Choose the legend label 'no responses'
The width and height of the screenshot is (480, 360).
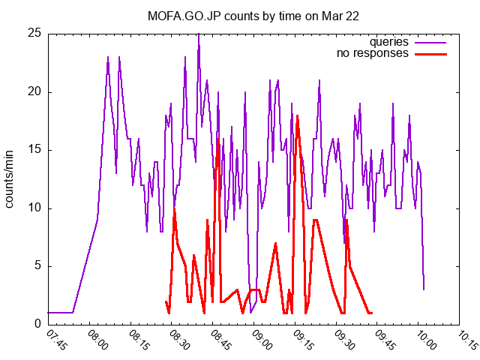click(x=373, y=53)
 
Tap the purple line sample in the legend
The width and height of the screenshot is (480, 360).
click(x=430, y=42)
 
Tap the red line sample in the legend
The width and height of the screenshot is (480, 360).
click(x=430, y=53)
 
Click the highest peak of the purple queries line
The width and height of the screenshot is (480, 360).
click(x=198, y=34)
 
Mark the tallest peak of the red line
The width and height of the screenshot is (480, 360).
click(x=298, y=115)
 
